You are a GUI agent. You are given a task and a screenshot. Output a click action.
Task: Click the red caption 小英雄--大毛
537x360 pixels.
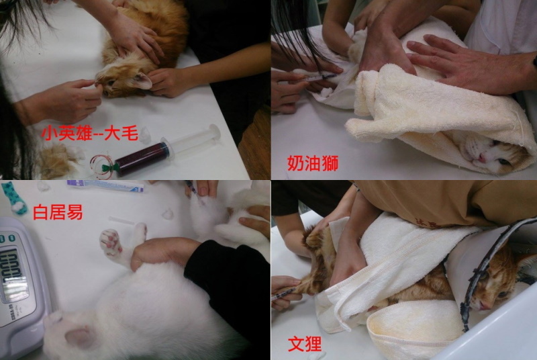coord(89,133)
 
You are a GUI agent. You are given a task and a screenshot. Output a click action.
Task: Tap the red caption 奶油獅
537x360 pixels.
coord(313,163)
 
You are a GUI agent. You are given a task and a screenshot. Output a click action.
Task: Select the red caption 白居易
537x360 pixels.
coord(58,212)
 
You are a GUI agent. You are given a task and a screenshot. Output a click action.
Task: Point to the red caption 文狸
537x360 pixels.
coord(305,344)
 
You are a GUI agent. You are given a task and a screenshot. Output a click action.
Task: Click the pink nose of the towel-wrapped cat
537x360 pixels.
coord(482,158)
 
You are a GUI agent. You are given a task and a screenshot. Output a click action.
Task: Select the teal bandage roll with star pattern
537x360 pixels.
coord(14,198)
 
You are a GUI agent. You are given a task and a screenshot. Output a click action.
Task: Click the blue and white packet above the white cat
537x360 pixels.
coord(105,185)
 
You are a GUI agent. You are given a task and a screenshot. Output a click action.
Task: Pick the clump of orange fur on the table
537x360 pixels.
coord(56,161)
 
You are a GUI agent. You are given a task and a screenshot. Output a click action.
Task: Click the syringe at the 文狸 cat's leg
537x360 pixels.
coord(283,295)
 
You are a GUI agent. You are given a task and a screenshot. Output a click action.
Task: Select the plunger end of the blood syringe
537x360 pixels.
coord(215,132)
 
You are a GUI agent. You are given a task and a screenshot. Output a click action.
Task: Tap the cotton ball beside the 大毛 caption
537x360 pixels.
coord(145,135)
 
